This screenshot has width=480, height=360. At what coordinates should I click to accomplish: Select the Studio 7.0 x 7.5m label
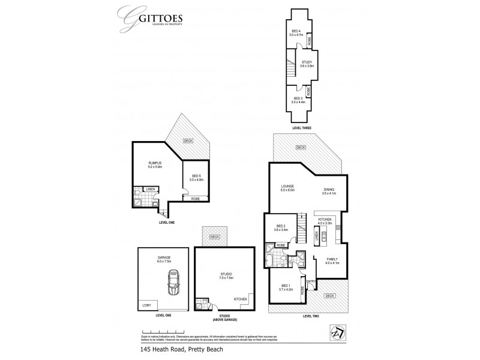pyautogui.click(x=225, y=278)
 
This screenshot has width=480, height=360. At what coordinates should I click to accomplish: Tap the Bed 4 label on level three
pyautogui.click(x=296, y=33)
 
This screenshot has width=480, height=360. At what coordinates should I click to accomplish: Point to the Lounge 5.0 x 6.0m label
pyautogui.click(x=286, y=188)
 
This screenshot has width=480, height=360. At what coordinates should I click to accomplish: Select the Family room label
pyautogui.click(x=332, y=262)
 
